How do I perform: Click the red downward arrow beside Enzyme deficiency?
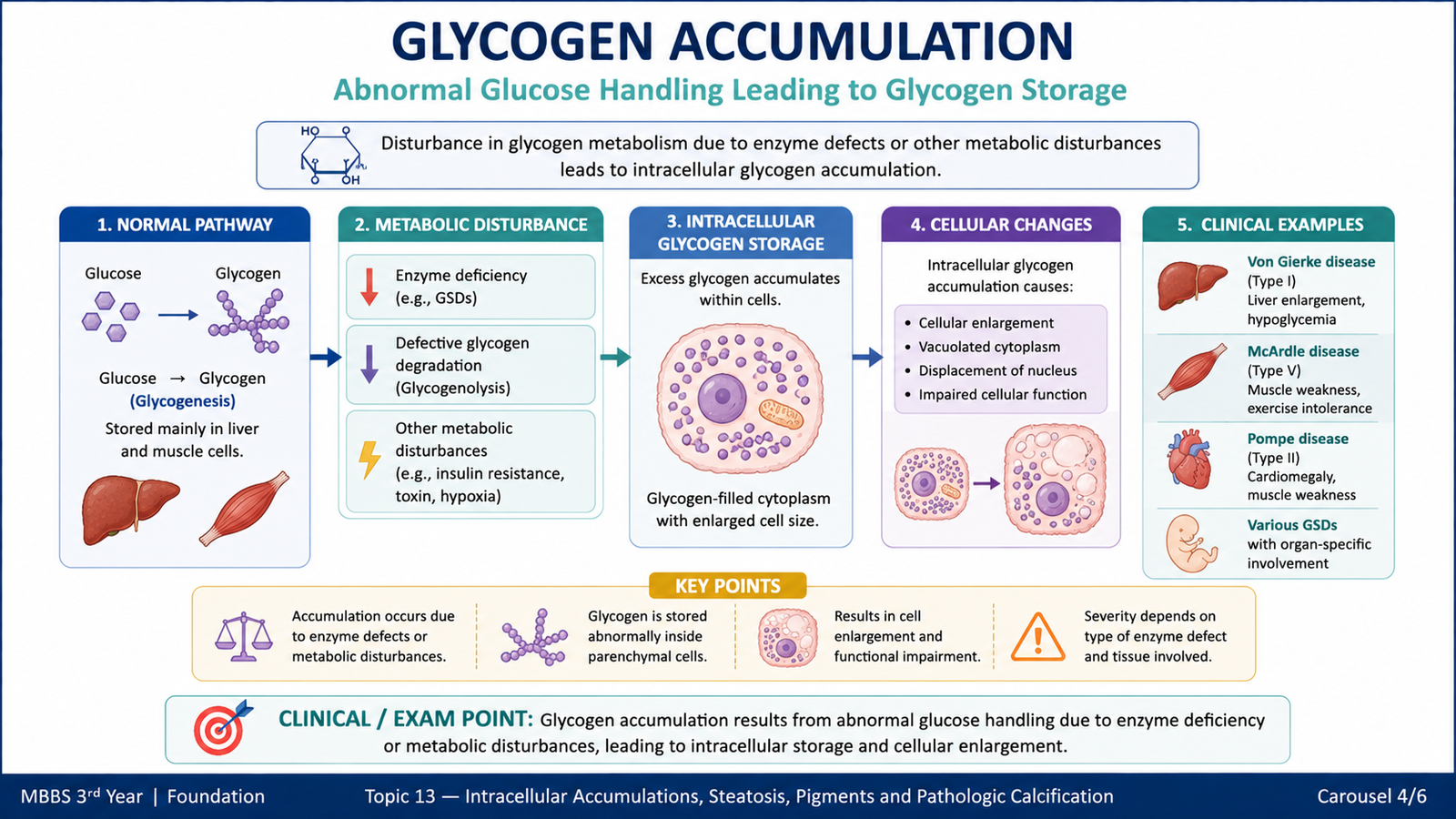coord(369,287)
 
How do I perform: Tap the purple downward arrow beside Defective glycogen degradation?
coord(369,363)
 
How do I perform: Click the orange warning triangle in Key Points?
coord(1038,637)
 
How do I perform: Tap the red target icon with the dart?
coord(222,727)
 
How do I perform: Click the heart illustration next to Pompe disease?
coord(1188,459)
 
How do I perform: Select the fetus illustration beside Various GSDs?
coord(1191,544)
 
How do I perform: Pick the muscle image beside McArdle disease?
coord(1192,371)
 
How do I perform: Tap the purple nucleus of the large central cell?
coord(722,397)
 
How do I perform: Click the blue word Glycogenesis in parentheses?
coord(183,401)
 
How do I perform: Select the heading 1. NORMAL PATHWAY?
coord(185,225)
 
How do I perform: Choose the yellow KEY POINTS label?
coord(727,586)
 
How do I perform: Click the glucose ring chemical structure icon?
coord(331,155)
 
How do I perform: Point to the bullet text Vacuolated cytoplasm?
coord(988,347)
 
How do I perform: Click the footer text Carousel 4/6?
coord(1371,796)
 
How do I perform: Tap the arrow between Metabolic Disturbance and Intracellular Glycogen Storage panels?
coord(615,356)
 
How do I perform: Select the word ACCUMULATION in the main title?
coord(872,42)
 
